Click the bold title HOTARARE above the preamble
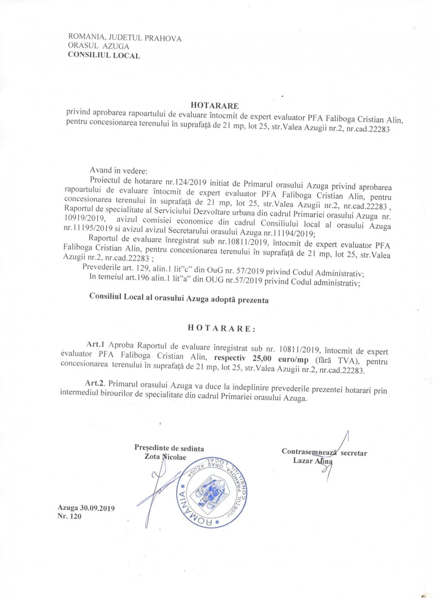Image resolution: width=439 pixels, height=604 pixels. click(x=214, y=106)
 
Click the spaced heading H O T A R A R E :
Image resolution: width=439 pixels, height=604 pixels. click(x=222, y=328)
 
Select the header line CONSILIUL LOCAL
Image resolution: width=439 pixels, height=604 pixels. click(x=104, y=55)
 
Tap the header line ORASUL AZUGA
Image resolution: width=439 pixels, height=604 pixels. click(x=98, y=46)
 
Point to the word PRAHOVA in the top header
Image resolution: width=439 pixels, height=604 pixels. click(x=163, y=38)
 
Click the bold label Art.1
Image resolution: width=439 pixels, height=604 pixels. click(x=95, y=344)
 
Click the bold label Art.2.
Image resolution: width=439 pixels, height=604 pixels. click(x=95, y=383)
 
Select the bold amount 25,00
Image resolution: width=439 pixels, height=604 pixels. click(x=262, y=359)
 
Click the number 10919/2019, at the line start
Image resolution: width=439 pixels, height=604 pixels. click(x=84, y=218)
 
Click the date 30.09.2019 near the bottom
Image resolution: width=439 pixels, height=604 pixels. click(x=97, y=508)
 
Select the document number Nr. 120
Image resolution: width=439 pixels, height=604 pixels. click(x=69, y=516)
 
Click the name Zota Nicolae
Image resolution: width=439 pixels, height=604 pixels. click(x=165, y=457)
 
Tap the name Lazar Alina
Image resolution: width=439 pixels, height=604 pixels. click(x=313, y=461)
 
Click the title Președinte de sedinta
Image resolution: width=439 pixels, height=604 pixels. click(x=169, y=448)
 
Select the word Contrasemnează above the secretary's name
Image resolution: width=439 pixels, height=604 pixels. click(x=309, y=452)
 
